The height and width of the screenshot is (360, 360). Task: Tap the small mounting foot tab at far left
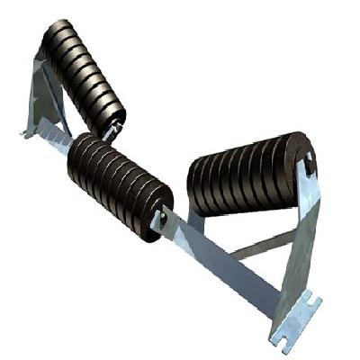26,132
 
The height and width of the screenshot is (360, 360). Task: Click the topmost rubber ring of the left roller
58,32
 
